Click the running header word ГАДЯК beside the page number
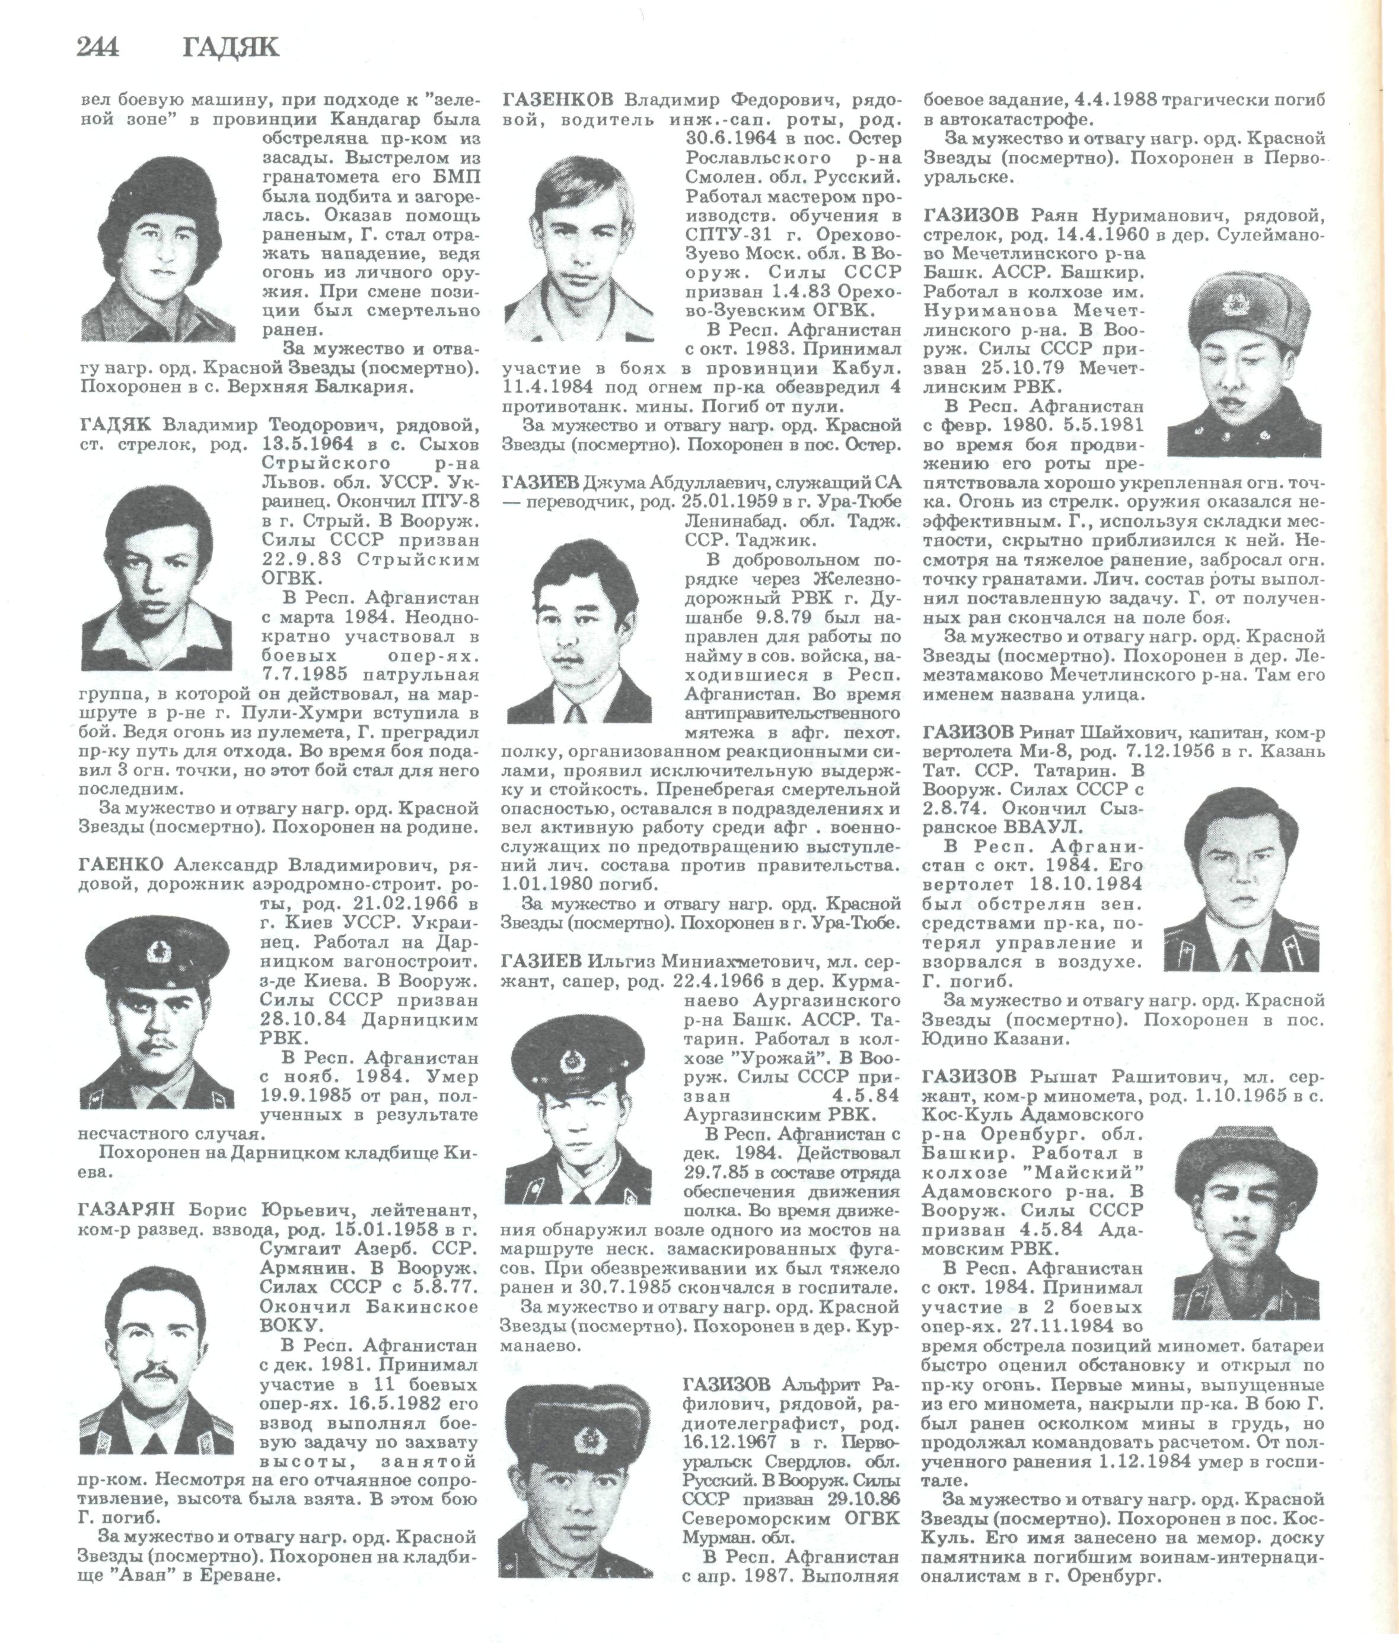(231, 49)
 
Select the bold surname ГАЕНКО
(122, 864)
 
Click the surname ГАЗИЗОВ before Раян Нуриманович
(973, 216)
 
